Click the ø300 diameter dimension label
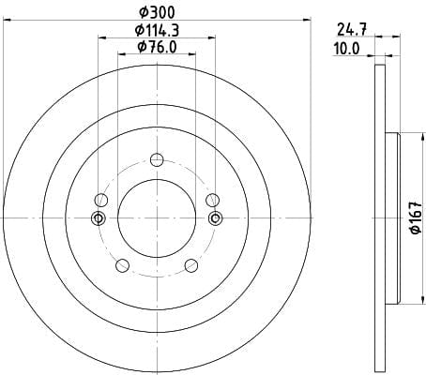[x=157, y=12]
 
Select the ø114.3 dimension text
[x=157, y=30]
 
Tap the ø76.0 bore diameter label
[x=157, y=47]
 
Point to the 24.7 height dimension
[x=352, y=30]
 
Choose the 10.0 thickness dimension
[x=347, y=49]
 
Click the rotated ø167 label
[x=417, y=217]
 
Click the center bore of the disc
[x=157, y=218]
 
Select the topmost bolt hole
[x=157, y=160]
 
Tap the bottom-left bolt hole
[x=122, y=265]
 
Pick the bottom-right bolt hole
[x=191, y=265]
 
